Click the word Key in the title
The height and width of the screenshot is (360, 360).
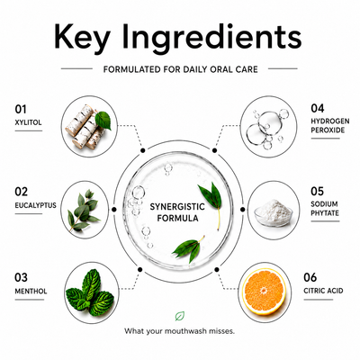click(82, 37)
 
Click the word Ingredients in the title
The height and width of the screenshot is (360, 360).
click(211, 37)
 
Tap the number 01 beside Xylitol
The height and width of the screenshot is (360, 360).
click(21, 110)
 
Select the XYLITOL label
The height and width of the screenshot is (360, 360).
click(28, 122)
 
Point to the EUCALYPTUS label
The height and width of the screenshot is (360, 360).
click(36, 205)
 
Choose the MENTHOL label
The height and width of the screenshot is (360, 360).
click(31, 292)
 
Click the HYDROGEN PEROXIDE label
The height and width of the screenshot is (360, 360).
click(330, 126)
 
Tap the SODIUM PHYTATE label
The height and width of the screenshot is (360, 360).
click(325, 209)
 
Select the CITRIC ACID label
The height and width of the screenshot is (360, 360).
click(323, 291)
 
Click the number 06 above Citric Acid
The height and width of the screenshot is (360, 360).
click(310, 277)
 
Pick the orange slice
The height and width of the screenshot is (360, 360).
click(264, 292)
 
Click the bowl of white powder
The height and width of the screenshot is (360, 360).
click(274, 213)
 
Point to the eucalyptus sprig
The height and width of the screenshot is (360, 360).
click(83, 210)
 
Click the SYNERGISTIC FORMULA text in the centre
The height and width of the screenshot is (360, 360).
click(177, 212)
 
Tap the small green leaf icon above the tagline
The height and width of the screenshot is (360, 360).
click(180, 316)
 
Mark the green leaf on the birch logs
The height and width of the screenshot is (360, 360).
click(103, 121)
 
